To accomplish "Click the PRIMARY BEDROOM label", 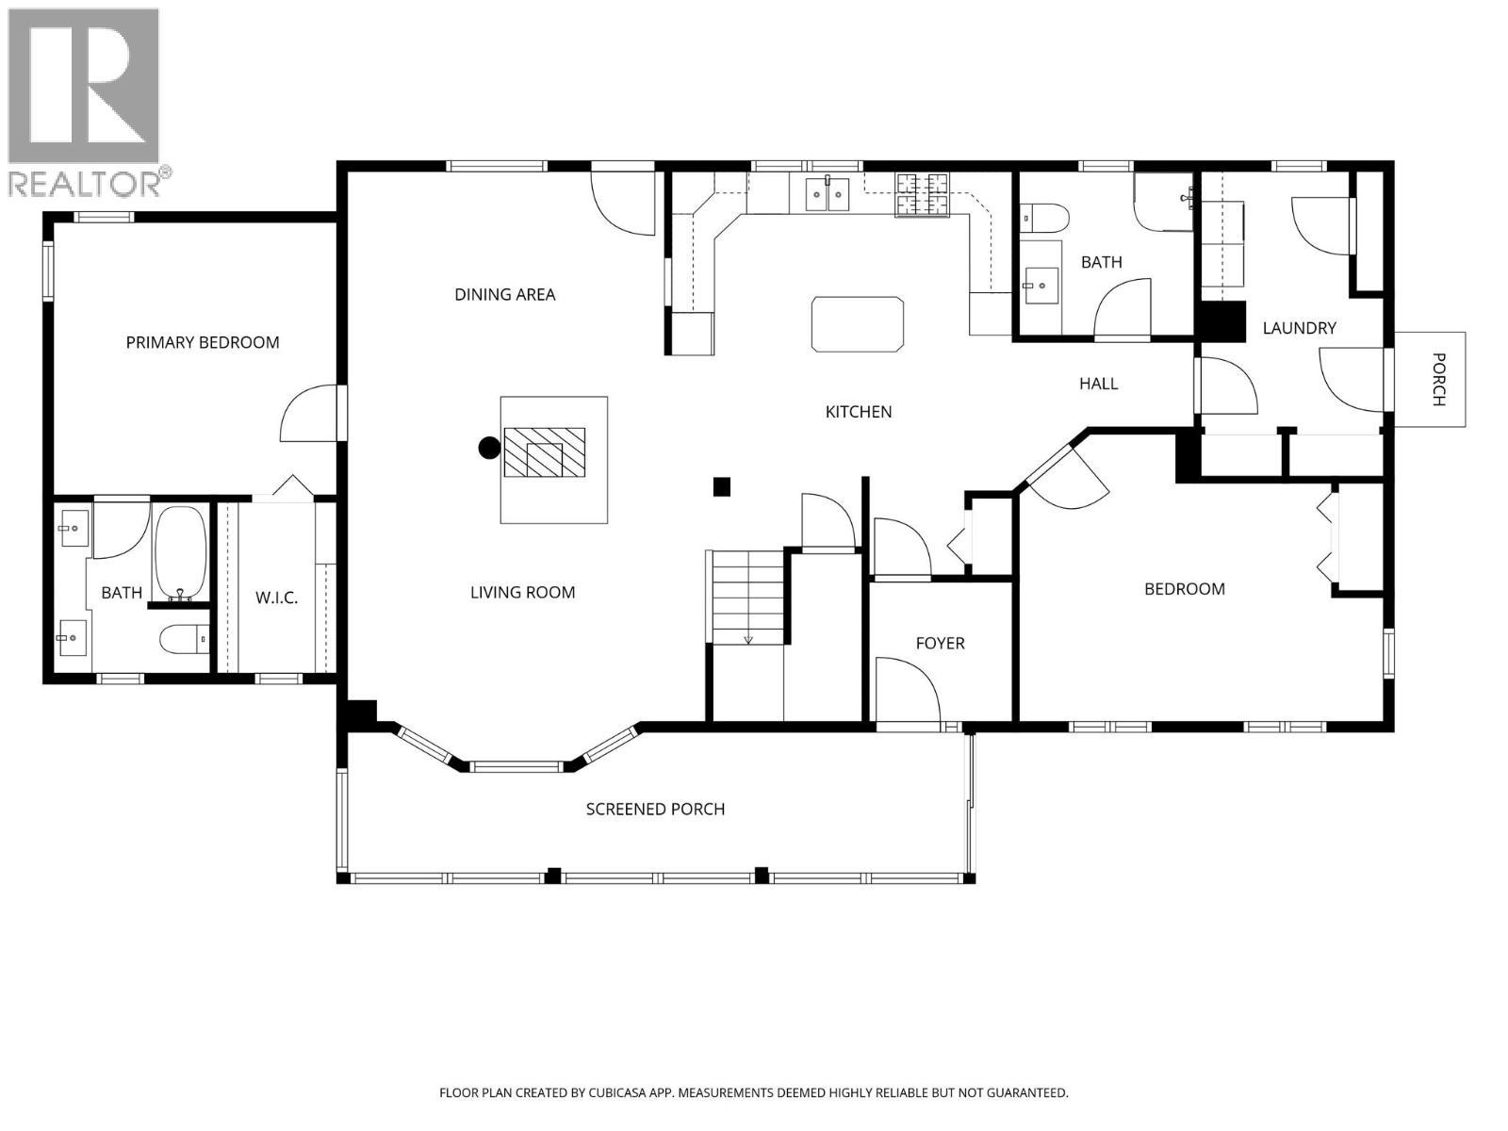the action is pyautogui.click(x=202, y=342).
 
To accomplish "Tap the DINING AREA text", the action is pyautogui.click(x=505, y=295).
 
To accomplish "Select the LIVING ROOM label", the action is pyautogui.click(x=523, y=592).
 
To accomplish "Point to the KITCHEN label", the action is pyautogui.click(x=858, y=411).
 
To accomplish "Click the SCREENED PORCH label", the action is pyautogui.click(x=655, y=809).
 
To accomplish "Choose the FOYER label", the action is pyautogui.click(x=940, y=643).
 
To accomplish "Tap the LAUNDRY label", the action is pyautogui.click(x=1299, y=328).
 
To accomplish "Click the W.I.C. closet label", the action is pyautogui.click(x=277, y=598).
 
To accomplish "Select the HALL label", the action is pyautogui.click(x=1099, y=384).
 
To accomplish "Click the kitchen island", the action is pyautogui.click(x=858, y=324).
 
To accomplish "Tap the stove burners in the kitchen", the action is pyautogui.click(x=922, y=195).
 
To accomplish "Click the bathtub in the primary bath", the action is pyautogui.click(x=180, y=554).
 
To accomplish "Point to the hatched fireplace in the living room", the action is pyautogui.click(x=545, y=452).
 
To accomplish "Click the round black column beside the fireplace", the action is pyautogui.click(x=489, y=448).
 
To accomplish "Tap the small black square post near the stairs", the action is pyautogui.click(x=721, y=487).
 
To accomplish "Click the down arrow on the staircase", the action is pyautogui.click(x=748, y=640).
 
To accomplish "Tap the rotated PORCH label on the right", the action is pyautogui.click(x=1438, y=379).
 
